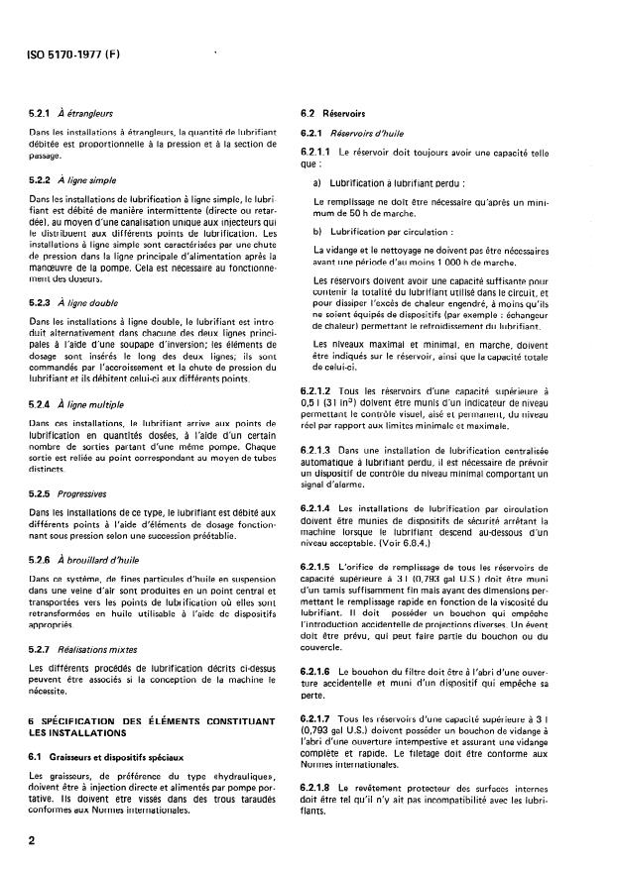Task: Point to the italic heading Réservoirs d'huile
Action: (x=376, y=133)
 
